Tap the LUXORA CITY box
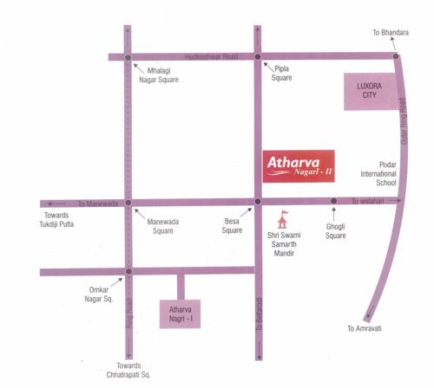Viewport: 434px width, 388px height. [370, 89]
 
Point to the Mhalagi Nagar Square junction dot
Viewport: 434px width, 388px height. [128, 58]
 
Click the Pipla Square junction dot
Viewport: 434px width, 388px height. [257, 58]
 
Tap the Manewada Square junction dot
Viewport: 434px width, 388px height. [128, 204]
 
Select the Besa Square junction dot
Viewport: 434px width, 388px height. [257, 204]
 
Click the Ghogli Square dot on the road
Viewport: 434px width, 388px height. [334, 204]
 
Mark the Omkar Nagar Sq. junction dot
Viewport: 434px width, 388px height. [128, 272]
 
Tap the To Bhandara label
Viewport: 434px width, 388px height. [390, 32]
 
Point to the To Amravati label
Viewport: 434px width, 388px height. [365, 329]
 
